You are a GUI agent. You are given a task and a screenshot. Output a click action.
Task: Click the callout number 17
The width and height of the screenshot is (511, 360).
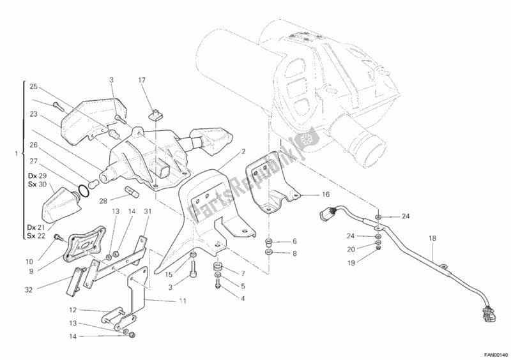coord(142,80)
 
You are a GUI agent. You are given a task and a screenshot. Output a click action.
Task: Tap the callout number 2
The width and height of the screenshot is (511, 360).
coord(243,151)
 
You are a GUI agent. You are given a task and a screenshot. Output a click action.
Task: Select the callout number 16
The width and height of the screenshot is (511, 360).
coord(326,195)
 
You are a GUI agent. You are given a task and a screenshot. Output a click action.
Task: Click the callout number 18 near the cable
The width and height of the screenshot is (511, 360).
coord(432,239)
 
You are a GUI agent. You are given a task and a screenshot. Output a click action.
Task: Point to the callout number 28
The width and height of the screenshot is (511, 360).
coord(103,201)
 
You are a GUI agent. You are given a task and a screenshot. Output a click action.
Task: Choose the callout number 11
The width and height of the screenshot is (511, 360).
coord(183,301)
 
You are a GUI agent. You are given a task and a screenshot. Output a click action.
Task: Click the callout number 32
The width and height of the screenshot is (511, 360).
coord(29,290)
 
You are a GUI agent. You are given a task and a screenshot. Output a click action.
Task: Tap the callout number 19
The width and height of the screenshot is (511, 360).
coord(351,262)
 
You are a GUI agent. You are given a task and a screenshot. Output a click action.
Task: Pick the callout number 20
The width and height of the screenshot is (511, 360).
coord(351,250)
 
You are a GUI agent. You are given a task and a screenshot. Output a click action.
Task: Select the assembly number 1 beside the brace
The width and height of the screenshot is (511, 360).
coord(17,153)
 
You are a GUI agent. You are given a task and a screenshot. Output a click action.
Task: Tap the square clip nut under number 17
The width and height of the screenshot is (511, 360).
coord(155,115)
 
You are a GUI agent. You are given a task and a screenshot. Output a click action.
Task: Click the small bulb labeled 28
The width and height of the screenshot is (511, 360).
coord(132,191)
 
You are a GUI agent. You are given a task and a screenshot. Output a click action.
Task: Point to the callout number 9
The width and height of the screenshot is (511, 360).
coord(31,271)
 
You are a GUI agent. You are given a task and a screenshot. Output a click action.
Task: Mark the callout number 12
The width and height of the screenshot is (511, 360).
coord(73,310)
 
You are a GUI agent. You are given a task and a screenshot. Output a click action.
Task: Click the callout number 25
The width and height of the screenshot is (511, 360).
coord(34,87)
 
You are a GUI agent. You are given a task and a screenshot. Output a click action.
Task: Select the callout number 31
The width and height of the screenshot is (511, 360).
coord(148,211)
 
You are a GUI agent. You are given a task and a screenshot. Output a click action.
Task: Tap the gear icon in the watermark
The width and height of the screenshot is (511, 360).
coord(306,139)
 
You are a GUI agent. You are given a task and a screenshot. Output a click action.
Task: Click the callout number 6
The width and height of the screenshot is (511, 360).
coord(294,241)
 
